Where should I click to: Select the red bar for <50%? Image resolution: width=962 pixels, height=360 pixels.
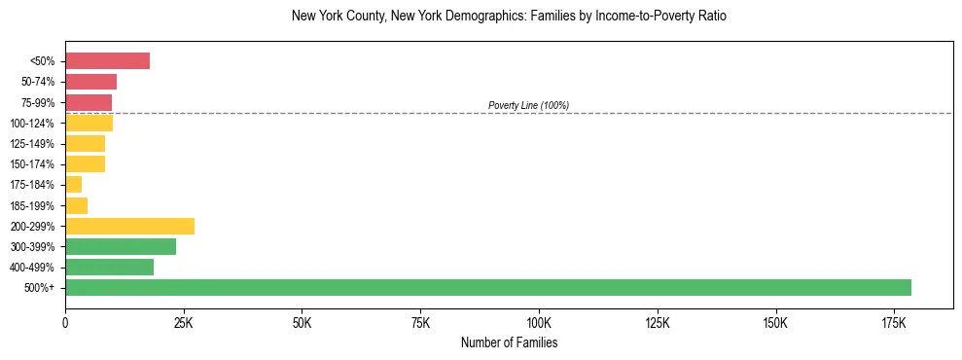107,61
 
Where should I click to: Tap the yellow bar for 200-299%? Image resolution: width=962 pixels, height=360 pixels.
129,226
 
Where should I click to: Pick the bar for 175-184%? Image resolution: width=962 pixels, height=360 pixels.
74,185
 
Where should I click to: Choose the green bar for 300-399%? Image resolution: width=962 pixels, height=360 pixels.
121,246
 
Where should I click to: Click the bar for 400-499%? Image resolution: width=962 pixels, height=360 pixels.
109,267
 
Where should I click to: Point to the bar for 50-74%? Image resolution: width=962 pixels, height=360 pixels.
90,82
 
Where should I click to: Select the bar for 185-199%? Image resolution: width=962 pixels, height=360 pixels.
76,205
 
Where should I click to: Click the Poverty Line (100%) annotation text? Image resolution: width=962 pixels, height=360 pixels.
528,105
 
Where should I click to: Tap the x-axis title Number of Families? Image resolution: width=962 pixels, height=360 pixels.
509,342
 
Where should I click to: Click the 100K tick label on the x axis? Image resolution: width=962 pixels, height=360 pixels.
539,322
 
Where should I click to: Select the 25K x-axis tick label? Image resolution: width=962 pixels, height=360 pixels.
184,322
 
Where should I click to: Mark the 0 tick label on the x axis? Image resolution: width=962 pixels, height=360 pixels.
65,322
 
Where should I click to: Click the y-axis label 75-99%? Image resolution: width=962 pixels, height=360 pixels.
38,102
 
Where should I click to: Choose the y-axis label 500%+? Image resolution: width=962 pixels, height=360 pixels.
41,288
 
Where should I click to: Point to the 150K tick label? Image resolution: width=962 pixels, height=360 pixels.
658,322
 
